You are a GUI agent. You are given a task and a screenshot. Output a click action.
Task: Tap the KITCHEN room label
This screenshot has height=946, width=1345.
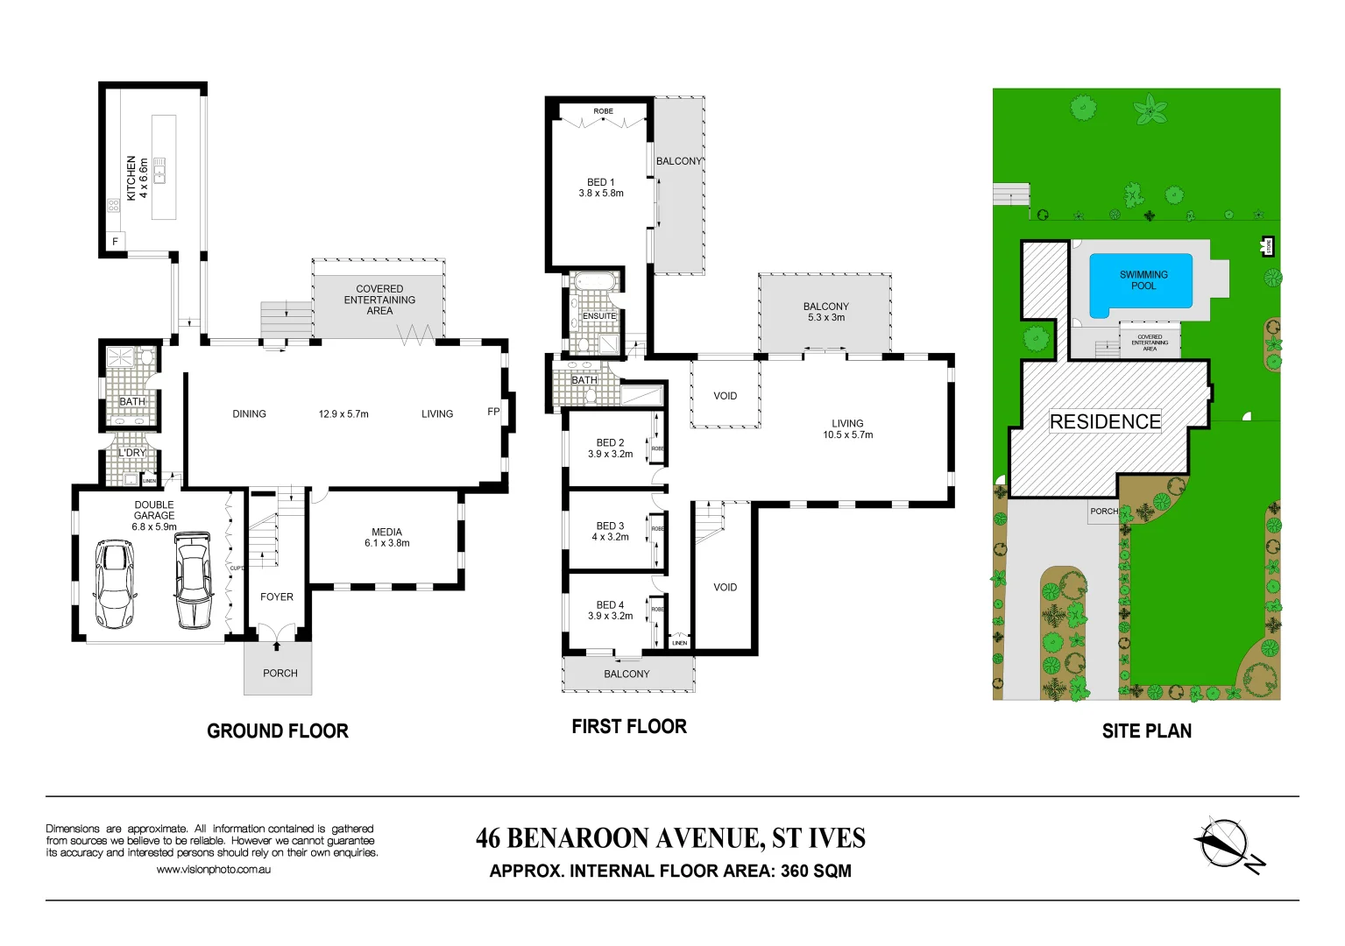tap(131, 178)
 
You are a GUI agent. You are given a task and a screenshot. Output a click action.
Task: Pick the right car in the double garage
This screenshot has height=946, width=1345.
tap(193, 580)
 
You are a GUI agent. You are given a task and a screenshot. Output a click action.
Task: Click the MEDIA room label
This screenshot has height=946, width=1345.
tap(386, 532)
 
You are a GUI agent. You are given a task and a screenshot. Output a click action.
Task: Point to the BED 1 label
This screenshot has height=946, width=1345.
tap(600, 182)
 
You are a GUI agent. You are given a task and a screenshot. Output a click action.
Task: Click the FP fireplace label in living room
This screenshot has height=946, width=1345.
tap(493, 412)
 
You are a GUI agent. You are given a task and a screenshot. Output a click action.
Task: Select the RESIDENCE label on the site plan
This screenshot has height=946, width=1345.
tap(1105, 421)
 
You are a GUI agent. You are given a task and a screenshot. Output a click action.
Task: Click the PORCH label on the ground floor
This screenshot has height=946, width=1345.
tap(280, 674)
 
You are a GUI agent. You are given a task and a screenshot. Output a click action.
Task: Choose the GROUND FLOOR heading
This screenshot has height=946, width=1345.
tap(278, 731)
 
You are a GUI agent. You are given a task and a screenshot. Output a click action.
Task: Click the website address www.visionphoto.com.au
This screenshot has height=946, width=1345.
tap(213, 870)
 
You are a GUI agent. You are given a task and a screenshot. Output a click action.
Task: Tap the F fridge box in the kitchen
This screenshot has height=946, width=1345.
tap(115, 242)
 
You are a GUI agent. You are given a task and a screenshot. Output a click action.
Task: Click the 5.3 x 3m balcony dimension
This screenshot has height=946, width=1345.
tap(825, 318)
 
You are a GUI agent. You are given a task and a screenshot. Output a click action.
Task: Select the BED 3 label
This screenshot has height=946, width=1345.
tap(610, 526)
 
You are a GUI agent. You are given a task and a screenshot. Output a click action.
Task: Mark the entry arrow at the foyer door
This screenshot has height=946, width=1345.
tap(277, 646)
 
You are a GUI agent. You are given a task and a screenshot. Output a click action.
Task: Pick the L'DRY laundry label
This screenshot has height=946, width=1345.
tap(132, 453)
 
